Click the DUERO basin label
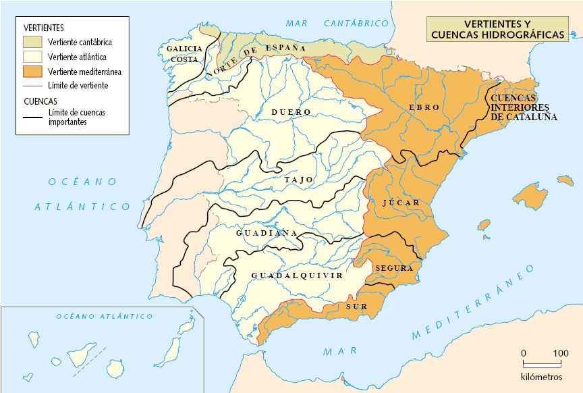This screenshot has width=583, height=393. pos(291,112)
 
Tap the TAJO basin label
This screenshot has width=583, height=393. pos(298,180)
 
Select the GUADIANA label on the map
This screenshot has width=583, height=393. pos(267,233)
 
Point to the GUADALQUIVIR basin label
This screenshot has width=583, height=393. pos(297,276)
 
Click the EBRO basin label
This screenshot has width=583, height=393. pos(424,107)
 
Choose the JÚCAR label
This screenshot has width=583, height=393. pos(401,203)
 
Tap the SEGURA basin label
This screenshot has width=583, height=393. pos(393,268)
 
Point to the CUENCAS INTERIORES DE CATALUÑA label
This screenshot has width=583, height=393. pos(524,107)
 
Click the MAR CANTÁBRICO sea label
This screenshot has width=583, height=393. pos(337,24)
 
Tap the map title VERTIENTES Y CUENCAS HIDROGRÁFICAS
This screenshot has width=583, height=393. pos(497,30)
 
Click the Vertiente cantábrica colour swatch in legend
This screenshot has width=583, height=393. pos(33,42)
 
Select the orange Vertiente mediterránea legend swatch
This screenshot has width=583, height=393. pos(33,72)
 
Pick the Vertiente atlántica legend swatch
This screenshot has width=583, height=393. pos(33,57)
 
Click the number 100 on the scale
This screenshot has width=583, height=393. pos(561,353)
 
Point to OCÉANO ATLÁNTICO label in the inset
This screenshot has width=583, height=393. pos(104,316)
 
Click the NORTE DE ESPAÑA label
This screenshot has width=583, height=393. pos(256,57)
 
